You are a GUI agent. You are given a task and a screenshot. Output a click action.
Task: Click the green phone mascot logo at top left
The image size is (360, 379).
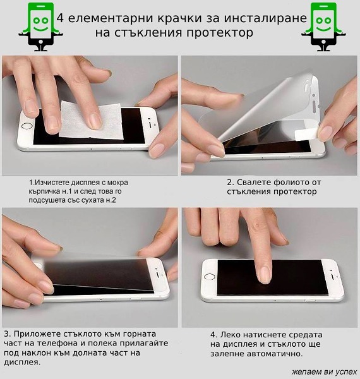(x=40, y=27)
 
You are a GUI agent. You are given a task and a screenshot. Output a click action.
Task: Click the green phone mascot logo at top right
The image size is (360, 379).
(x=323, y=27)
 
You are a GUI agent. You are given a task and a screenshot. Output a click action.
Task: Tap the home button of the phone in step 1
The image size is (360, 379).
(x=27, y=126)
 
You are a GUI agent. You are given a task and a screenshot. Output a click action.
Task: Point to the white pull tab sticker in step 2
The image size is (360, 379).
(x=306, y=134)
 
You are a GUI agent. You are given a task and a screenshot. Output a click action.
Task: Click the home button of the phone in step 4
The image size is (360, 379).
(x=210, y=277)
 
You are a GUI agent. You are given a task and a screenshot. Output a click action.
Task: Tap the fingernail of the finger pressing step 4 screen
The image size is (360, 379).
(x=264, y=275)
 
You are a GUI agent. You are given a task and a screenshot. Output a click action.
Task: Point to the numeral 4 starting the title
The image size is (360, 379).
(x=60, y=18)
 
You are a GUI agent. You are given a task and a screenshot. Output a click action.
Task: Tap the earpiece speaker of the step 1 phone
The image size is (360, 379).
(x=151, y=124)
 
